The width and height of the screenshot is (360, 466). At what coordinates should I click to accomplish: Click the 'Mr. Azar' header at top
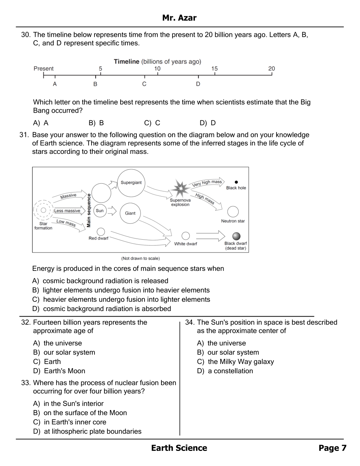coord(179,18)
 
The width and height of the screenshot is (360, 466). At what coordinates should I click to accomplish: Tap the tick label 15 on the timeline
coord(214,68)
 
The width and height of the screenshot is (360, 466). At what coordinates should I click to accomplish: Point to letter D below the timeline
coord(198,84)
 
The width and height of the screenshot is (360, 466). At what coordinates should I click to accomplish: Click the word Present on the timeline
coord(43,68)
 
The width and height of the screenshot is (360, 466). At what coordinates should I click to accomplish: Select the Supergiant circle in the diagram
coord(131,183)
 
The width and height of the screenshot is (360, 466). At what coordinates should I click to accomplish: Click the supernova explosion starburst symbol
coord(180,188)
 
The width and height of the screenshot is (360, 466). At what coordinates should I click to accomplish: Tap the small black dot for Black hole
coord(236,182)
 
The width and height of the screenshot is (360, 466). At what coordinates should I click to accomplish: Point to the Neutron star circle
coord(233,212)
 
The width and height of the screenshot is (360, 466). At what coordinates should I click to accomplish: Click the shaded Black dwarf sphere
coord(236,236)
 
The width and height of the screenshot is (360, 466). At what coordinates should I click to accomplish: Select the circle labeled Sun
coord(100,211)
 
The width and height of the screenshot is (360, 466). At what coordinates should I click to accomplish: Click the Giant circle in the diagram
coord(130,213)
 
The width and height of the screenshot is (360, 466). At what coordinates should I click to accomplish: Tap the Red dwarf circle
coord(101,232)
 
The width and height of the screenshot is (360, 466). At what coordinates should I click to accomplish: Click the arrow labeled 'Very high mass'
coord(207,183)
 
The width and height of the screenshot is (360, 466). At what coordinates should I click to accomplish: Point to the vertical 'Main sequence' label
coord(89,211)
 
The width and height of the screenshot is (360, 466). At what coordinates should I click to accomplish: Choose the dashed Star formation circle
coord(43,210)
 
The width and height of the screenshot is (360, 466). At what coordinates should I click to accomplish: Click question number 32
coord(26,322)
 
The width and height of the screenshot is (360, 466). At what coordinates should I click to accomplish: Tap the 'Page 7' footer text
coord(332,448)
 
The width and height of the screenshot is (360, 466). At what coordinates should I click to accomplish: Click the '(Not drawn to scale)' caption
coord(140,258)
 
